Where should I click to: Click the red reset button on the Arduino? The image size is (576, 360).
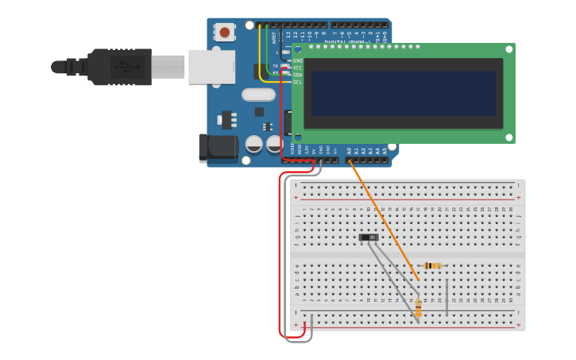pos(225,33)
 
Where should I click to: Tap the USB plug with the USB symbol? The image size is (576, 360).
pos(119,67)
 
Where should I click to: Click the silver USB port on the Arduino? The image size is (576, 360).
pos(211,67)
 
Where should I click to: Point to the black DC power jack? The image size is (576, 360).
pos(218,148)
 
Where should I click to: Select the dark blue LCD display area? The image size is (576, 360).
pos(404,94)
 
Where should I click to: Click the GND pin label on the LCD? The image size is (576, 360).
pos(298,60)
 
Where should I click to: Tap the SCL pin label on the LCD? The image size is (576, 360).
pos(298,82)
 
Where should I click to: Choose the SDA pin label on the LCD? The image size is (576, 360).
pos(298,75)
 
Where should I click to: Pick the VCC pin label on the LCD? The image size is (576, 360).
pos(298,68)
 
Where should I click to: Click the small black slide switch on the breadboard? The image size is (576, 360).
pos(369,237)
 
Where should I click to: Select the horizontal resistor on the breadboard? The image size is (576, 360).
pos(432,265)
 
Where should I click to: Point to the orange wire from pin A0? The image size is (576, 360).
pos(384,219)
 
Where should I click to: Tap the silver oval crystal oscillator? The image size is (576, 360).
pos(258,95)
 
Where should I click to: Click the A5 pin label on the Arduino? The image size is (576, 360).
pos(385,149)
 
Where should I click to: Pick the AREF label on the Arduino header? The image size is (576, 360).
pos(274,37)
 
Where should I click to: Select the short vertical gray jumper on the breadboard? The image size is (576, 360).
pos(446,297)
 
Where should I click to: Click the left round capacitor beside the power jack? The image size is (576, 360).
pos(254,144)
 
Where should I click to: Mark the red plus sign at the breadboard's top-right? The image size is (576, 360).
pos(519,197)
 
